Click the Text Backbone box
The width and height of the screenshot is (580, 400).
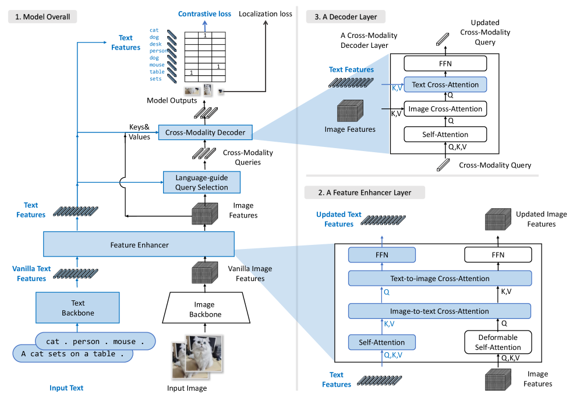[x=77, y=308]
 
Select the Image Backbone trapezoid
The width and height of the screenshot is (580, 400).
[x=204, y=309]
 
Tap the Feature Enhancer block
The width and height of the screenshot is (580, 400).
[x=139, y=245]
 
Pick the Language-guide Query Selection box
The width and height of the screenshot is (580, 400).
[x=201, y=182]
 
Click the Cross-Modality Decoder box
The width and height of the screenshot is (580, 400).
[x=205, y=133]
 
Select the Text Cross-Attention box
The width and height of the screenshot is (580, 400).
[x=445, y=85]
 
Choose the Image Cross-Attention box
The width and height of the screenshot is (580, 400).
[x=445, y=109]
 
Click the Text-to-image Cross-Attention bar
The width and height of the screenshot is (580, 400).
[x=440, y=279]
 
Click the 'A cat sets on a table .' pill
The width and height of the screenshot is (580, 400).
[x=73, y=353]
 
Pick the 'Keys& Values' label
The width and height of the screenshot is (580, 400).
[x=140, y=131]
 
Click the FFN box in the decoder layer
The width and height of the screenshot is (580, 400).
[x=445, y=63]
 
